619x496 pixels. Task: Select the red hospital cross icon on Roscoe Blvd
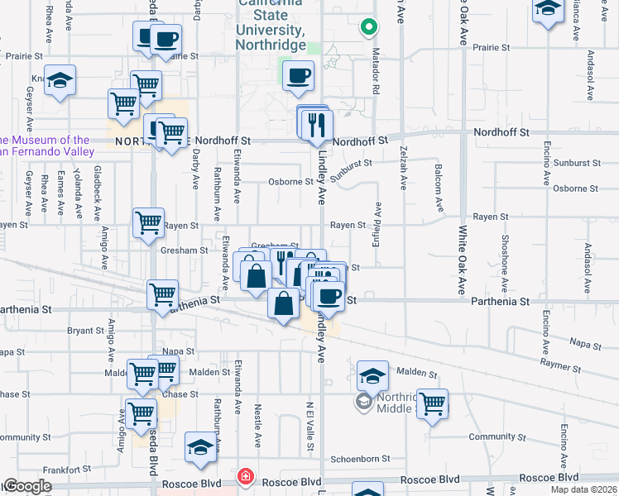pyautogui.click(x=244, y=477)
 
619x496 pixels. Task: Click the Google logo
pyautogui.click(x=26, y=487)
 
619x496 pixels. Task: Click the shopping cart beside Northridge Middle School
pyautogui.click(x=432, y=404)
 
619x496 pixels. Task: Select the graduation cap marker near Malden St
pyautogui.click(x=373, y=376)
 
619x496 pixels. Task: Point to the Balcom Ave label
pyautogui.click(x=438, y=188)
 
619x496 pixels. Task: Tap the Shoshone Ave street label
pyautogui.click(x=503, y=263)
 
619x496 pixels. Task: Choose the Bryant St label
pyautogui.click(x=85, y=330)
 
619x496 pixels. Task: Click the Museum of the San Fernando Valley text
pyautogui.click(x=46, y=146)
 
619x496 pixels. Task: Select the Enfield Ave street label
pyautogui.click(x=378, y=224)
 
